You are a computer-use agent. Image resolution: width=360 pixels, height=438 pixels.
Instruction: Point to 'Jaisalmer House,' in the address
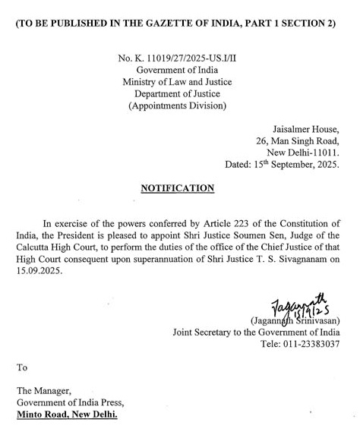coord(306,129)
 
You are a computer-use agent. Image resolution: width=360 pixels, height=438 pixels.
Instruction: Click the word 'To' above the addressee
coord(22,367)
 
